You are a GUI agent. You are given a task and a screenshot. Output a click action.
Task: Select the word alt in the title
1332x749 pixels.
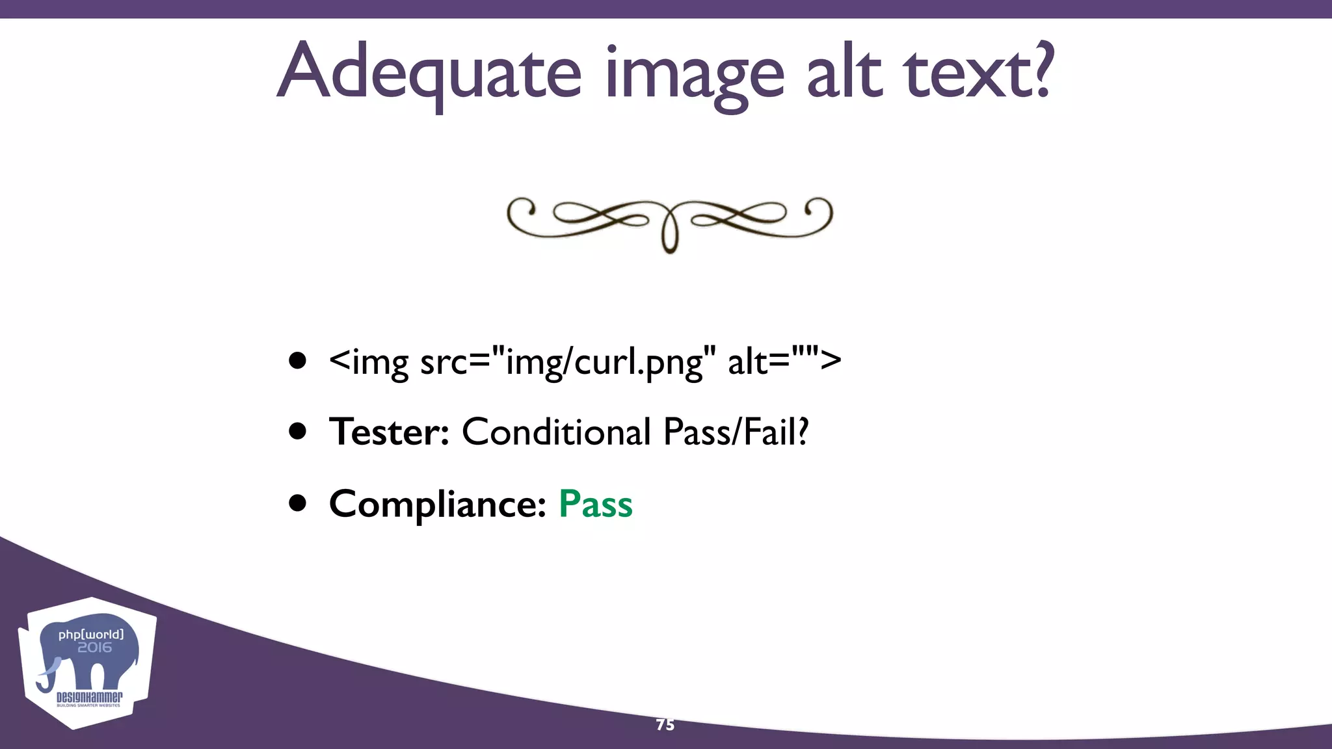[845, 72]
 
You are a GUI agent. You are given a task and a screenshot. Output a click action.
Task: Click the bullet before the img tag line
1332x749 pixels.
[298, 361]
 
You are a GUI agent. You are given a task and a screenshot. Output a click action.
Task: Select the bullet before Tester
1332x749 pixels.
[298, 432]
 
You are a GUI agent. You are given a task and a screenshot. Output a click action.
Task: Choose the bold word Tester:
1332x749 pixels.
[389, 432]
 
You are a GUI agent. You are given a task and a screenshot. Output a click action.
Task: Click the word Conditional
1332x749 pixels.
[555, 432]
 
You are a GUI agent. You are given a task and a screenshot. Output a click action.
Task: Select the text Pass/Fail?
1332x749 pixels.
[736, 432]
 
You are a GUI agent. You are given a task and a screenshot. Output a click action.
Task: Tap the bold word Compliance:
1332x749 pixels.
[437, 504]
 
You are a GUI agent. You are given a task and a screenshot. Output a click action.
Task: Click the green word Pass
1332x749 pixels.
[595, 504]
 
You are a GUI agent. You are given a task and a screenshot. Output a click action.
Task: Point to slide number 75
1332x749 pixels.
[665, 725]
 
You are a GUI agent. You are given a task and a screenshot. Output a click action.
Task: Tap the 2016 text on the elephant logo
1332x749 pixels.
[94, 648]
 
